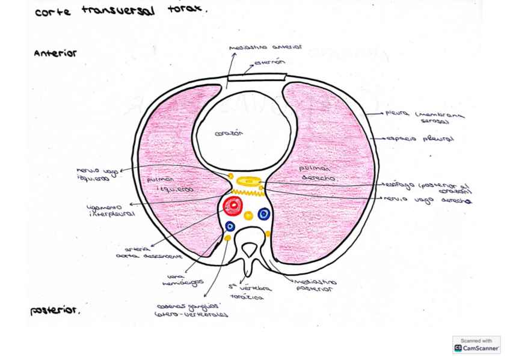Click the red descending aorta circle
[x=233, y=206]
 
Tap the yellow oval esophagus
[x=248, y=180]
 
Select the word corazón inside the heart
[x=229, y=133]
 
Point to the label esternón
[x=269, y=62]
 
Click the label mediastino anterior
[x=265, y=47]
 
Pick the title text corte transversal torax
[x=120, y=11]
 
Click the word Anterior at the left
[x=55, y=53]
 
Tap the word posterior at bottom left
[x=55, y=311]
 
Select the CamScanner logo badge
[x=476, y=345]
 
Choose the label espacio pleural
[x=419, y=139]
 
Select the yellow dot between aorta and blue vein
[x=248, y=215]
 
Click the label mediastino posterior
[x=315, y=285]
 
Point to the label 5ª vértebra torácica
[x=251, y=292]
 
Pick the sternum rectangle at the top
[x=256, y=78]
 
